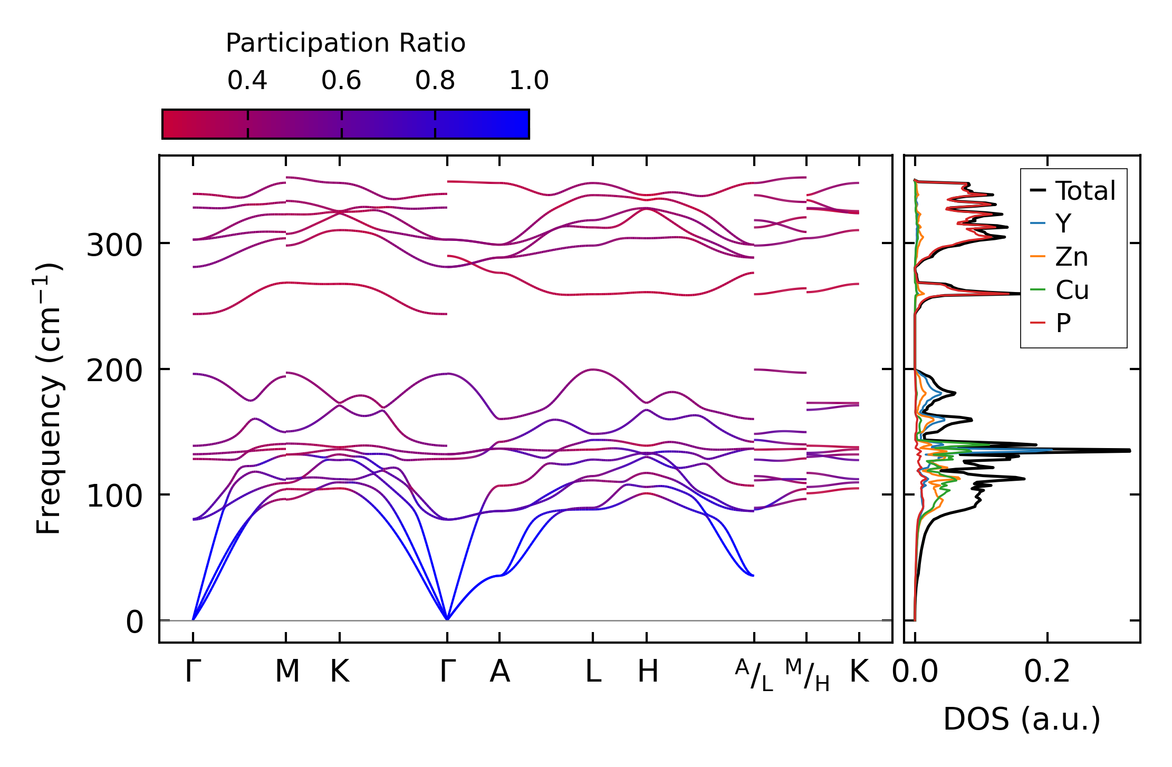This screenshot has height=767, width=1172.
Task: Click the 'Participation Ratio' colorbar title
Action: tap(345, 43)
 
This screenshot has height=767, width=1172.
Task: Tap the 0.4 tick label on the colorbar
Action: tap(247, 81)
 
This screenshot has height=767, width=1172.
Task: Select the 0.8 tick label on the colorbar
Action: tap(435, 81)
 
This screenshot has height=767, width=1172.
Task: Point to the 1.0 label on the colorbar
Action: tap(529, 81)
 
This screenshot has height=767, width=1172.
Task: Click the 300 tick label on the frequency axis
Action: tap(114, 246)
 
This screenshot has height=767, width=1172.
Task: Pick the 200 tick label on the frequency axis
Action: tap(114, 371)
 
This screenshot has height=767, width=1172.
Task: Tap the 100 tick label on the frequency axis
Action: tap(114, 497)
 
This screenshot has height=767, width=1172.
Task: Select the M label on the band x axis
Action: tap(287, 672)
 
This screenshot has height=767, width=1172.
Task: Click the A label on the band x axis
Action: tap(499, 672)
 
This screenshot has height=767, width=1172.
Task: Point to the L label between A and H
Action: tap(593, 672)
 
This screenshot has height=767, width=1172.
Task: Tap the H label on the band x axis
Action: tap(647, 672)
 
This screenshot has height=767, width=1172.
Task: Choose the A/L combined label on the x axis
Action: tap(754, 675)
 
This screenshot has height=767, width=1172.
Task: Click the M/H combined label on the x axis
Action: tap(807, 675)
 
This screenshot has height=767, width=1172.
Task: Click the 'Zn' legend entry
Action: tap(1071, 257)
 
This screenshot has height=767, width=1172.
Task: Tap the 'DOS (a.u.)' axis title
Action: tap(1022, 719)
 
